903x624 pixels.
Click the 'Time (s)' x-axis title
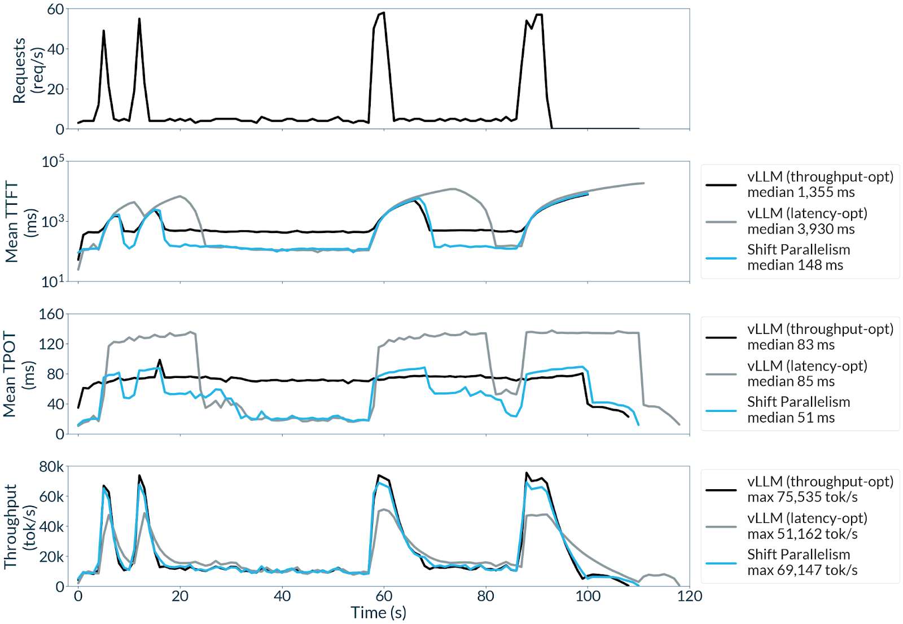(378, 613)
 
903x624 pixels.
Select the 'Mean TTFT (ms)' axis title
(20, 222)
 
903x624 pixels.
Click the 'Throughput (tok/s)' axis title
(19, 526)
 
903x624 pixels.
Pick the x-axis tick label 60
(384, 596)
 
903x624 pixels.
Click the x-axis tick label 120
(689, 596)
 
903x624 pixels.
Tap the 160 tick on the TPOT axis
(51, 314)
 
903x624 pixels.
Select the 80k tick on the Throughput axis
(51, 467)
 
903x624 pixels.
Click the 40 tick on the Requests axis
(55, 49)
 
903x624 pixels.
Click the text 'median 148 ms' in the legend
(795, 265)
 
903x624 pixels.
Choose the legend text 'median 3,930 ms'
(800, 229)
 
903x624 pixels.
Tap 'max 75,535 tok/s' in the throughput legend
(802, 497)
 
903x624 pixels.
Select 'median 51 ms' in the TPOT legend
(791, 418)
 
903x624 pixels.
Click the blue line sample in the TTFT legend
(721, 258)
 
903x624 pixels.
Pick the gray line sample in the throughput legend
(721, 526)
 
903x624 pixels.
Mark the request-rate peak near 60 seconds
(384, 13)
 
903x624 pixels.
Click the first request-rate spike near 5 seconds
(103, 31)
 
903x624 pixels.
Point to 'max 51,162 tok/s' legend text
(802, 534)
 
